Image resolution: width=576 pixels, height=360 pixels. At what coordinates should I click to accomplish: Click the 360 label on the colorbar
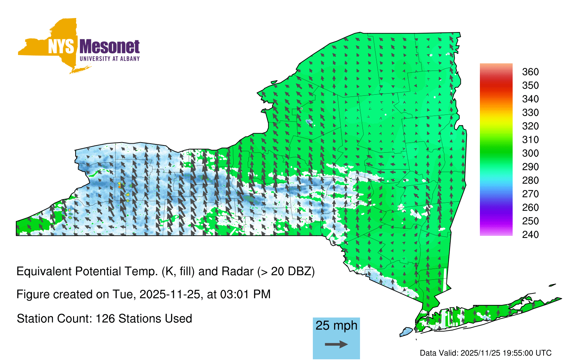530,72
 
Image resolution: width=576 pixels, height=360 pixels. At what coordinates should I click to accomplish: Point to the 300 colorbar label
530,153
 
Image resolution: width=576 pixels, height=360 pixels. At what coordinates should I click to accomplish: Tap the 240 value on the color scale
530,234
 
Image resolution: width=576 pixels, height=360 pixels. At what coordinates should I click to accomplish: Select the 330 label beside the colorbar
530,112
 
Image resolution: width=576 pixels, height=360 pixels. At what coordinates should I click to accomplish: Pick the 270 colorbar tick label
530,194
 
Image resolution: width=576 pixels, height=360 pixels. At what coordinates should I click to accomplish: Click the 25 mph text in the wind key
336,325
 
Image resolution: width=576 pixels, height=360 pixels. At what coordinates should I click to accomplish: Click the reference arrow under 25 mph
336,344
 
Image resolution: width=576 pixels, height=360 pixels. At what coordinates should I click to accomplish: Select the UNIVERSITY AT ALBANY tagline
110,59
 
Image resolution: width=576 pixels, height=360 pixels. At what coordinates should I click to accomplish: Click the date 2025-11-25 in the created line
170,294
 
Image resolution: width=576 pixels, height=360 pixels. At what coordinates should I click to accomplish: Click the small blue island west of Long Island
406,332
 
